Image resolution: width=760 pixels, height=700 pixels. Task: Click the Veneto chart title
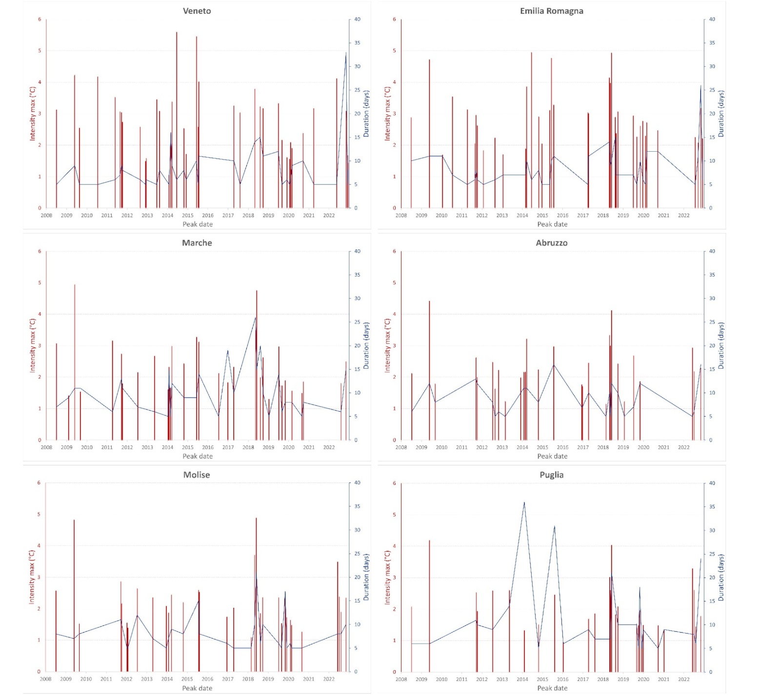tap(197, 11)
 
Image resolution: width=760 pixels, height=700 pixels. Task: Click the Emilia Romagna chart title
tap(551, 11)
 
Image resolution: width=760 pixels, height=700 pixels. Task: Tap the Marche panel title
tap(197, 243)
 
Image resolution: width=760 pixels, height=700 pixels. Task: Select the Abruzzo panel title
tap(551, 243)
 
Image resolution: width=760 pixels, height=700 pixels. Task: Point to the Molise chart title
tap(196, 475)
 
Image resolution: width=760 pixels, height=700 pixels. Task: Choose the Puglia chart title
tap(551, 475)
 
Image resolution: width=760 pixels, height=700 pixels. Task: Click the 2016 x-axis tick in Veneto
tap(208, 215)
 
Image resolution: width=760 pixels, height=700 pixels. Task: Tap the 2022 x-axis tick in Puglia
tap(684, 679)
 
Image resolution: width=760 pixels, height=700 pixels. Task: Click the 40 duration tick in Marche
tap(358, 251)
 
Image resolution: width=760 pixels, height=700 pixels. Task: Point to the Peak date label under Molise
tap(197, 688)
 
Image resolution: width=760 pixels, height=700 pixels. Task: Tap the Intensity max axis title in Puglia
tap(387, 577)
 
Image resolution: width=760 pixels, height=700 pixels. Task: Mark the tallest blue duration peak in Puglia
tap(524, 502)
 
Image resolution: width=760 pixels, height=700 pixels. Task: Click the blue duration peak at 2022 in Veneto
tap(346, 53)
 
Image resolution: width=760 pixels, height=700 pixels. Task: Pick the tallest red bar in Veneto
tap(177, 33)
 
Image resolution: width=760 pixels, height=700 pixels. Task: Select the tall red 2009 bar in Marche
tap(75, 285)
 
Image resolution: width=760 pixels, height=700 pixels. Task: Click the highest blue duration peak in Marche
tap(256, 318)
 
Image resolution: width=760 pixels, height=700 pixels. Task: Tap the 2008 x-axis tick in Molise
tap(45, 679)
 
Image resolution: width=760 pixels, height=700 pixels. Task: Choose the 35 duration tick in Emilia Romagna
tap(712, 43)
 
